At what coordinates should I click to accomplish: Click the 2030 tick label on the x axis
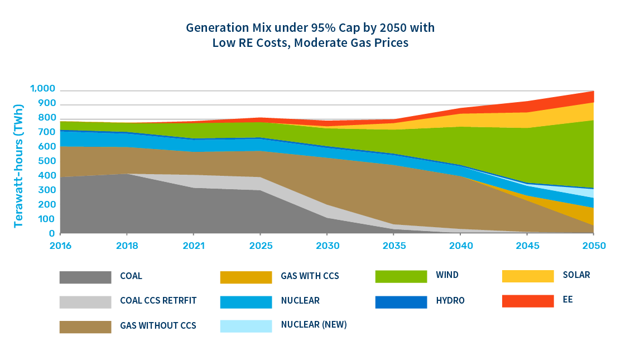[327, 246]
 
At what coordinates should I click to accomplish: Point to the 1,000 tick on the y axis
[42, 89]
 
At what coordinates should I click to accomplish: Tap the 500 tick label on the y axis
[47, 161]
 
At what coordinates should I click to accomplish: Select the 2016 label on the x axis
[60, 246]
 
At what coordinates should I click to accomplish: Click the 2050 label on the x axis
[594, 246]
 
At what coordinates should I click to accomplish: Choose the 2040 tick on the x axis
[460, 246]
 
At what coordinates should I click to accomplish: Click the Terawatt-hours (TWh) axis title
[19, 166]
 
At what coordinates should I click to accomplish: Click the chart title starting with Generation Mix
[310, 35]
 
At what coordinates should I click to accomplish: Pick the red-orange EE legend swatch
[528, 301]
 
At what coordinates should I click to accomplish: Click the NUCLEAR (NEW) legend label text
[314, 325]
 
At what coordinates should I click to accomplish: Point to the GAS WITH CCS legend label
[310, 276]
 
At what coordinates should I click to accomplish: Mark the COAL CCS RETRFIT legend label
[158, 301]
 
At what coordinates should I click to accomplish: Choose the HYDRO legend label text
[450, 301]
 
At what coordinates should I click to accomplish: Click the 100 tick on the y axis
[47, 219]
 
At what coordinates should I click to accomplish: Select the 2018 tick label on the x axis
[127, 246]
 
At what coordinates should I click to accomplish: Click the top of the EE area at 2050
[594, 91]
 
